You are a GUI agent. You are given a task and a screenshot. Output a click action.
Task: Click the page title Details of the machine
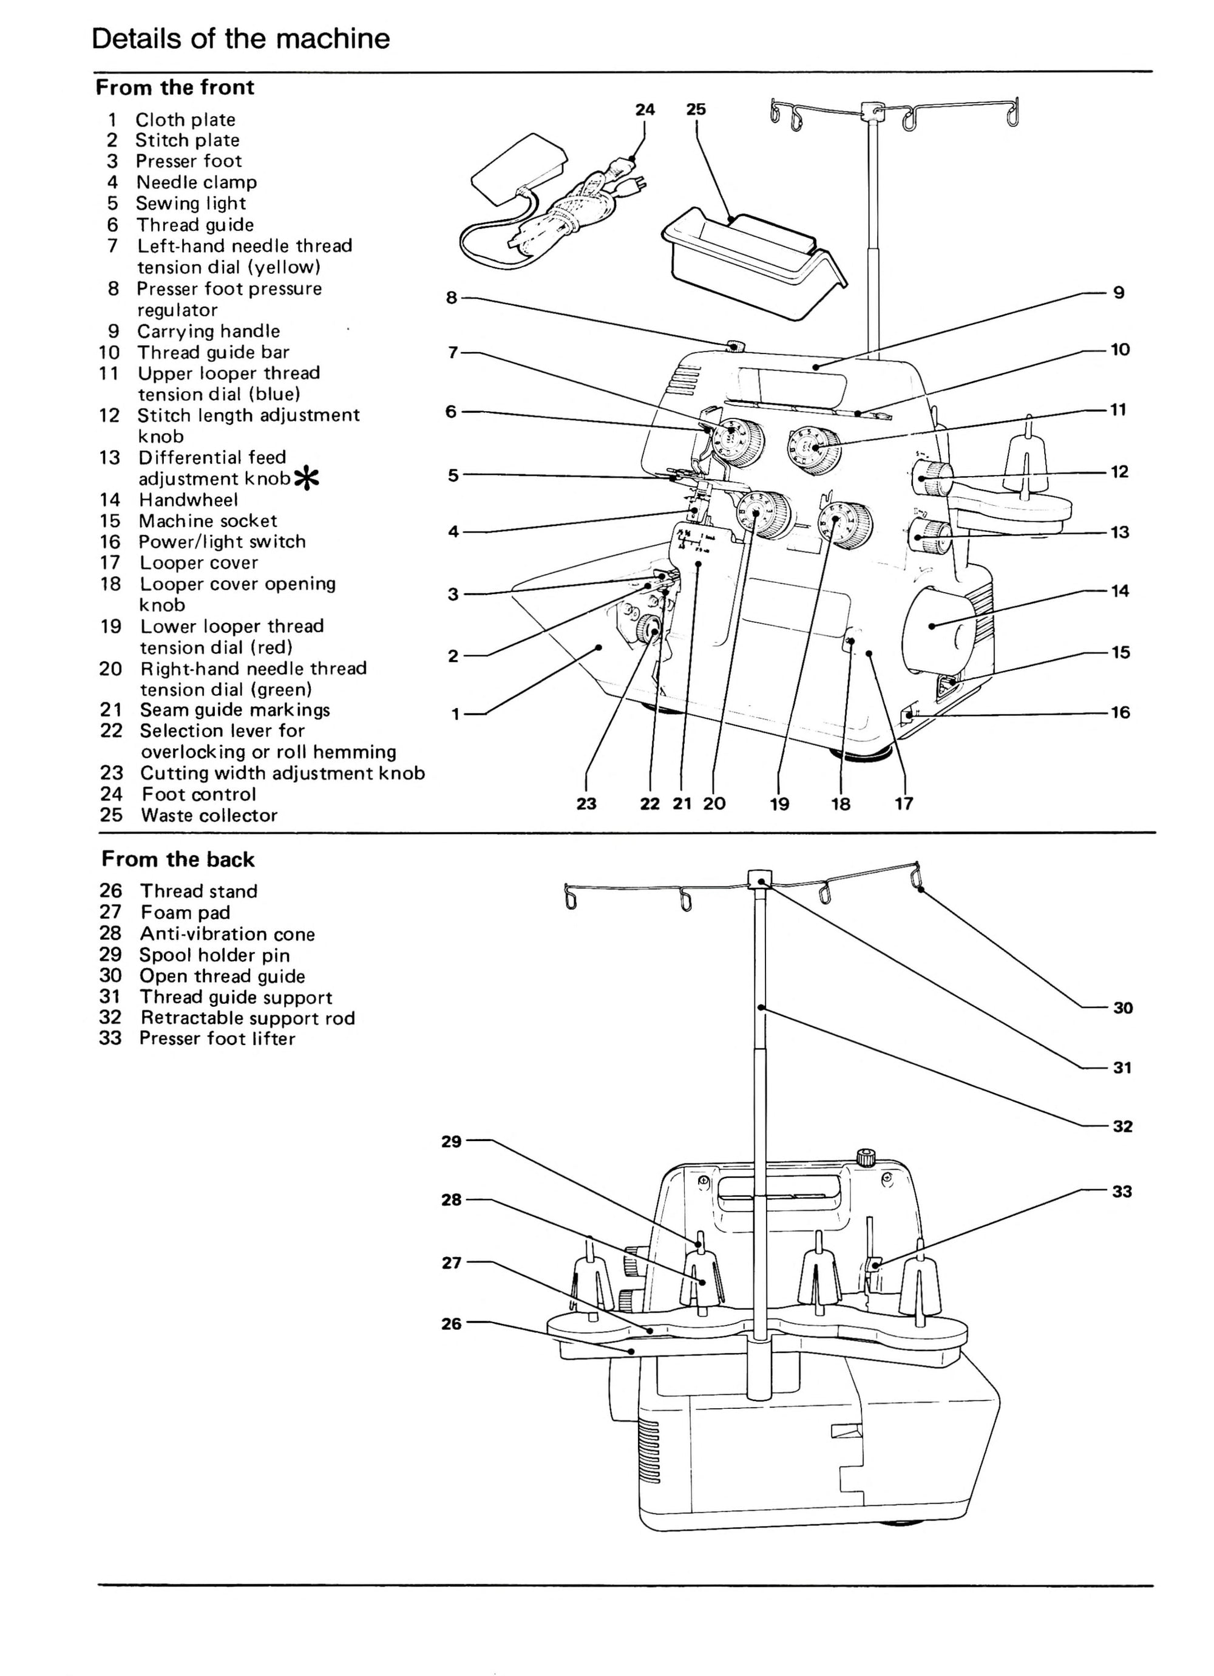pos(240,38)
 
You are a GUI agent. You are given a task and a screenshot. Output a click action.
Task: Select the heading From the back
pos(177,859)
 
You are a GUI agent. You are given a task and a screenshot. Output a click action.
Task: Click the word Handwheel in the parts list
pos(188,500)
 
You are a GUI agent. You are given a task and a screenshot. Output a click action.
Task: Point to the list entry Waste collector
pos(209,815)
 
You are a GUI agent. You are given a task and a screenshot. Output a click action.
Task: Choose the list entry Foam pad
pos(186,912)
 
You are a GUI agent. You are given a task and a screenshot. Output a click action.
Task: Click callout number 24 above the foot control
pos(644,109)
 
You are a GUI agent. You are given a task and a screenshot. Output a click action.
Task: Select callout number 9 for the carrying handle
pos(1119,293)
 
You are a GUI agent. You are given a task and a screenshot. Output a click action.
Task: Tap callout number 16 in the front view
pos(1120,712)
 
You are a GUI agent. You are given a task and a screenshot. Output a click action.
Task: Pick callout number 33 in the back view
pos(1122,1191)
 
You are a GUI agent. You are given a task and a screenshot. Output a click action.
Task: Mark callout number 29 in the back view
pos(452,1141)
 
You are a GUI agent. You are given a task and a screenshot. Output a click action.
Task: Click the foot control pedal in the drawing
pos(519,167)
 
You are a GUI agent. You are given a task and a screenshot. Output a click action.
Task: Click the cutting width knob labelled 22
pos(649,630)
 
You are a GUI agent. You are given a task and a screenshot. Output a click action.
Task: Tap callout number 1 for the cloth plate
pos(456,714)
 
